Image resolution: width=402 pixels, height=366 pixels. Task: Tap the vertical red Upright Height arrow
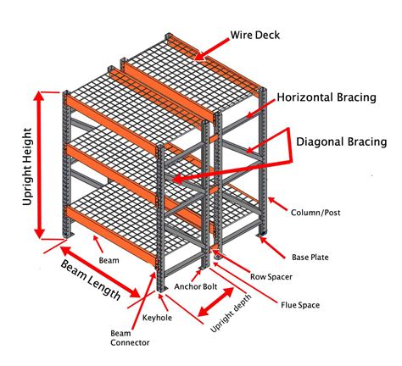[39, 165]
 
